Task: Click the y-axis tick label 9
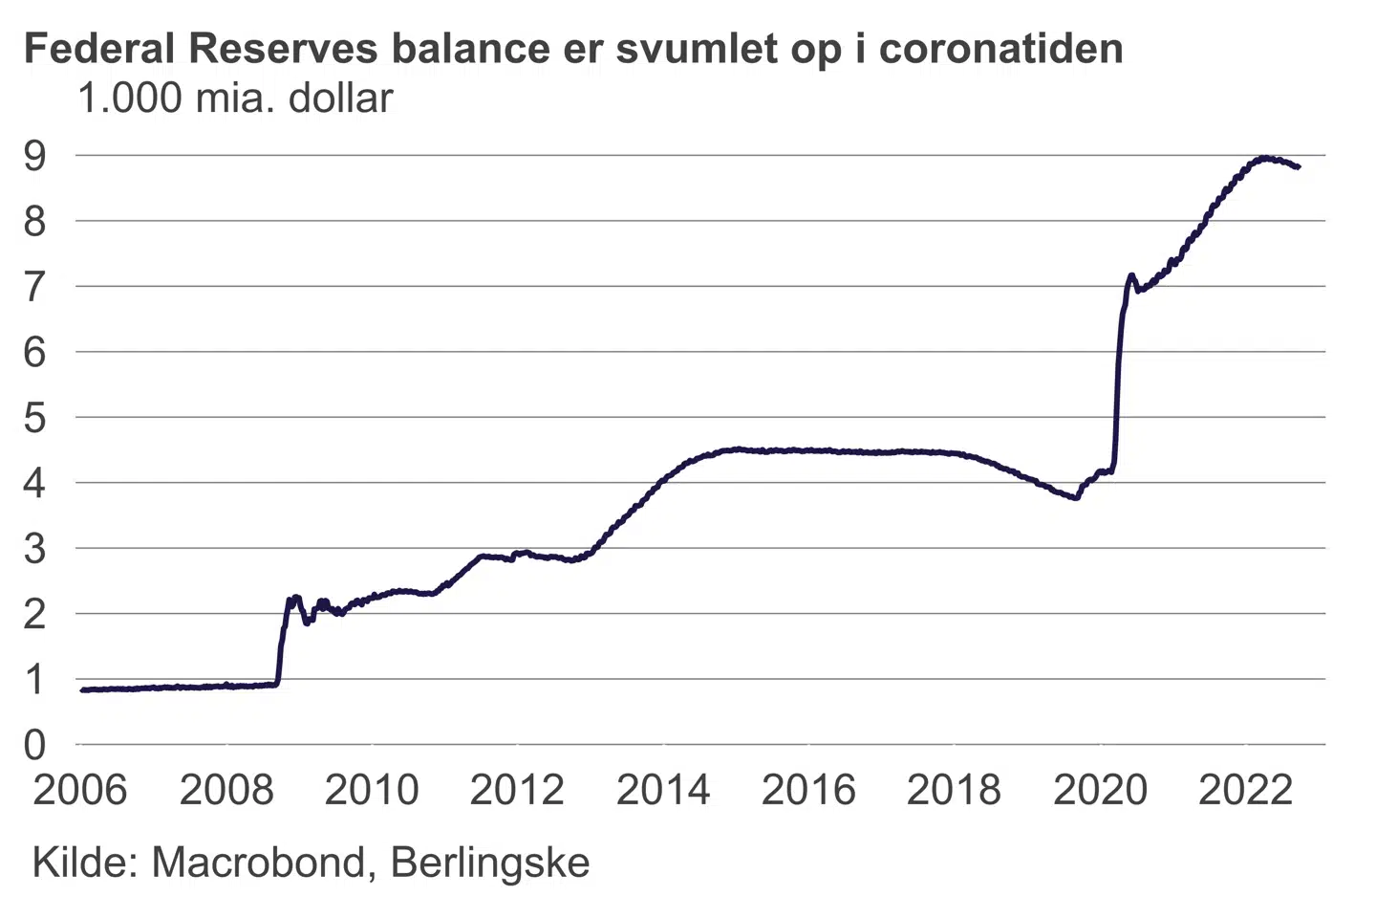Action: point(34,156)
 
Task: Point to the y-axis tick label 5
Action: point(34,418)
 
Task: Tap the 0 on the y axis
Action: point(34,745)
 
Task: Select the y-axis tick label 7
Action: point(34,287)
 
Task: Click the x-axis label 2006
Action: point(80,791)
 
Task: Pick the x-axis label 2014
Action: point(663,791)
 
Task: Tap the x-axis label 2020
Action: point(1100,791)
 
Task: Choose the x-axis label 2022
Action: point(1245,791)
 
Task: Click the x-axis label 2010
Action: point(372,791)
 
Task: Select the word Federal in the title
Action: point(99,49)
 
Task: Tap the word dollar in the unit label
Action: point(341,98)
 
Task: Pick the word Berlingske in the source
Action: point(490,863)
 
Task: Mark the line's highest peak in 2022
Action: point(1264,158)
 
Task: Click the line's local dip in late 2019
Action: point(1077,498)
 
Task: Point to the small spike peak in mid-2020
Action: point(1131,275)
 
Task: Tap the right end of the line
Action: point(1298,167)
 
